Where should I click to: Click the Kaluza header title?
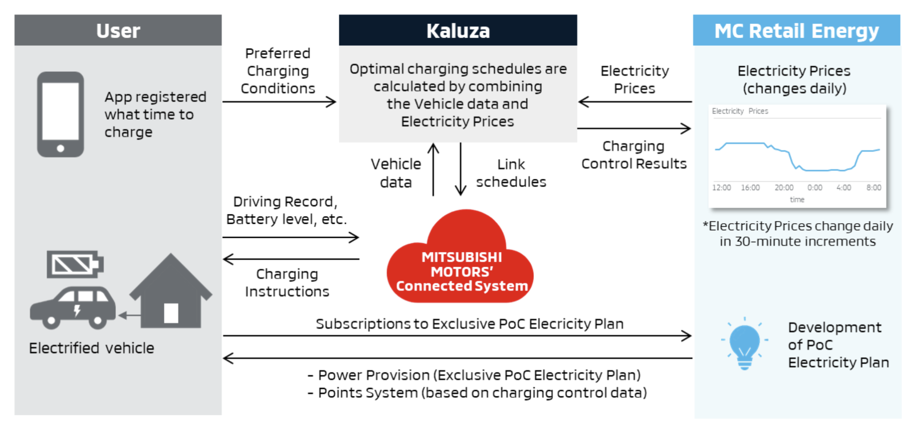[458, 31]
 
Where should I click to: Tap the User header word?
[118, 31]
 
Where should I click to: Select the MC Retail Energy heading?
[796, 31]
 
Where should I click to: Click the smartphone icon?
[61, 114]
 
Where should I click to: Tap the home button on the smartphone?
[61, 148]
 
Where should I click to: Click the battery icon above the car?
[74, 265]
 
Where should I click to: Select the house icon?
[171, 293]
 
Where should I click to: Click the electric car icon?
[73, 307]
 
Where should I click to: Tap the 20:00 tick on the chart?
[784, 188]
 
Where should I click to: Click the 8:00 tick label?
[873, 188]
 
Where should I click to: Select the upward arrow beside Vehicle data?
[433, 169]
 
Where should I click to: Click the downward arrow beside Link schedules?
[461, 169]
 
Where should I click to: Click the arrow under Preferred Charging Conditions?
[279, 102]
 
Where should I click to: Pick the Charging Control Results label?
[634, 155]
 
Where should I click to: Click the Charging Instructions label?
[287, 283]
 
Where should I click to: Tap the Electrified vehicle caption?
[91, 348]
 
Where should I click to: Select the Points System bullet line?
[477, 393]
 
